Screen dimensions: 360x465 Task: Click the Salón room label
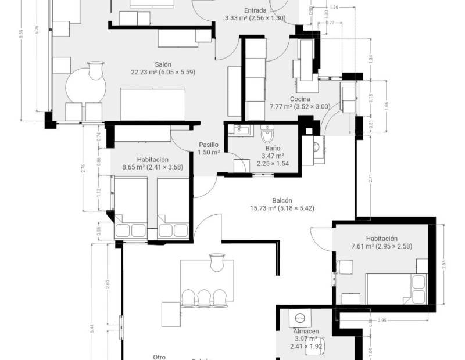coord(162,64)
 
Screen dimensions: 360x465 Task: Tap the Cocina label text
coord(300,99)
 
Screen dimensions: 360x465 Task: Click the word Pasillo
coord(209,145)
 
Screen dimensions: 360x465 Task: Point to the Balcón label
coord(282,200)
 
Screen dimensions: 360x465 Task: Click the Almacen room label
coord(305,331)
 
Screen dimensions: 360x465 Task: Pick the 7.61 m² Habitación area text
coord(381,246)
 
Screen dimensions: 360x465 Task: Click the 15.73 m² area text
coord(282,208)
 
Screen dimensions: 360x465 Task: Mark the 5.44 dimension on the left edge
coord(91,328)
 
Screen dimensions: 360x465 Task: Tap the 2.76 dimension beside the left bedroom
coord(84,168)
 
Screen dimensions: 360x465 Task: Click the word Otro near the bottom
coord(159,357)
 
